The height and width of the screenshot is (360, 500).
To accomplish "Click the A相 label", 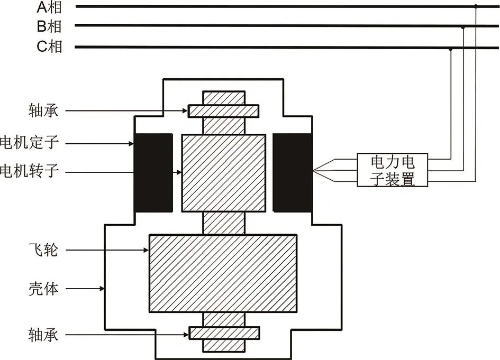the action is point(49,7).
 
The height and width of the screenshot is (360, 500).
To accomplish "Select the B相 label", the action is point(49,26).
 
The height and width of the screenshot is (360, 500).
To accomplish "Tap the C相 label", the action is point(49,47).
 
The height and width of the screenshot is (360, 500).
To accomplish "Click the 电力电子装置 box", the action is point(392,170).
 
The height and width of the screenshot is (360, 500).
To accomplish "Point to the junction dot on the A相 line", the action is point(476,6).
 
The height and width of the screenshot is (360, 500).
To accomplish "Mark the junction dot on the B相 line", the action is point(463,27).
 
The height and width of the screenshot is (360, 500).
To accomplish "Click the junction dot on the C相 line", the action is point(451,49).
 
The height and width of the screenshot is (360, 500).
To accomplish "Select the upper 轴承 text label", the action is point(43,110).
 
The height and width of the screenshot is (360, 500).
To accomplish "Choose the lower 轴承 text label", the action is point(43,335).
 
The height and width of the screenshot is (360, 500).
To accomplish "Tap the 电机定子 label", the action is point(29,142).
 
